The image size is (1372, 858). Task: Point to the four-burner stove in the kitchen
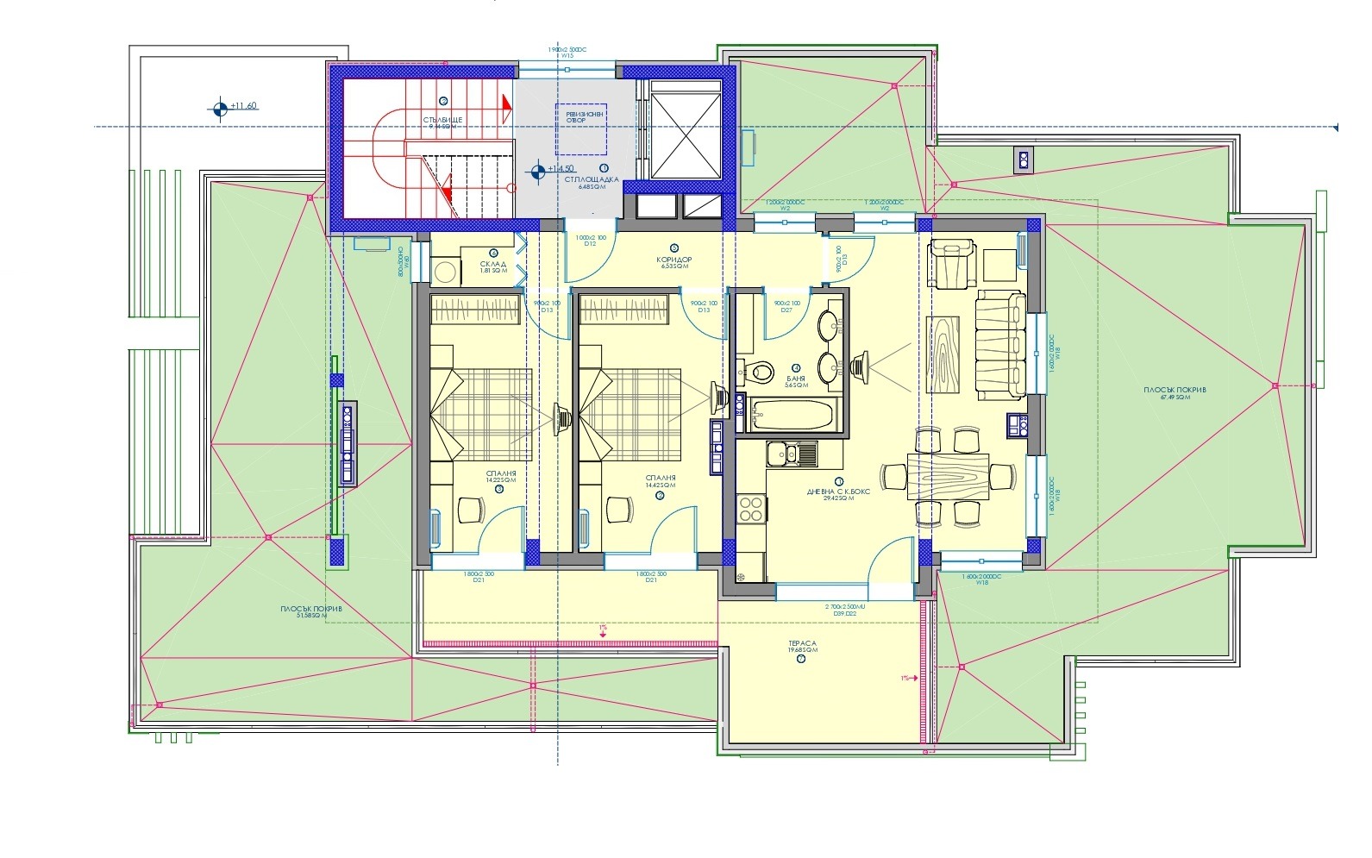(x=750, y=508)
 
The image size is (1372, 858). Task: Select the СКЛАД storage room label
(x=490, y=267)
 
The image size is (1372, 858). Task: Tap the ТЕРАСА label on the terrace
(x=801, y=647)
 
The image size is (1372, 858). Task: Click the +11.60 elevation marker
(x=242, y=106)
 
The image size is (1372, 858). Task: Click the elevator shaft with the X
(x=685, y=131)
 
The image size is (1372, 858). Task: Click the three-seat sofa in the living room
(x=1000, y=346)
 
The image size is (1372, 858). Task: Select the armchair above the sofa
(x=950, y=263)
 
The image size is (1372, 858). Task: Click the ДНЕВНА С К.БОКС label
(x=837, y=492)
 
